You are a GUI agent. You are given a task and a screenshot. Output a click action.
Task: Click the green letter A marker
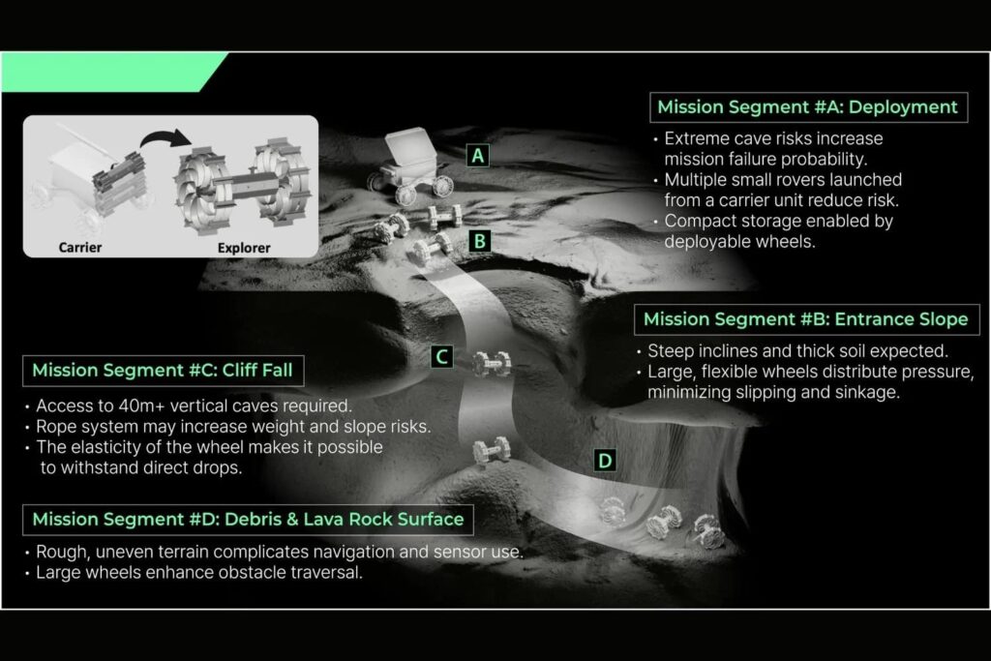478,156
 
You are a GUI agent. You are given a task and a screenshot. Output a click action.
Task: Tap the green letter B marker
480,241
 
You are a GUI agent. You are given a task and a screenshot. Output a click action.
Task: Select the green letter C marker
441,356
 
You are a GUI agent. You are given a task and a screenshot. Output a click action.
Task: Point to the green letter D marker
605,461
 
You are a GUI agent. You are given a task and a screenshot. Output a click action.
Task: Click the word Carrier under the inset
80,247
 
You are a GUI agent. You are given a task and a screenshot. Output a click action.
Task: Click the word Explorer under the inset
244,248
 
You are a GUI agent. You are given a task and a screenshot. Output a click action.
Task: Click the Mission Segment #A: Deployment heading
808,107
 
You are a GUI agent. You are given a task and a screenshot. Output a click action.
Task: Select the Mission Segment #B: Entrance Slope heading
806,319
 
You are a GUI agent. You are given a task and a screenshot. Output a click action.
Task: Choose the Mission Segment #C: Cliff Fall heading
163,371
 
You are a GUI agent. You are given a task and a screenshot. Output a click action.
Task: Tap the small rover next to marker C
492,364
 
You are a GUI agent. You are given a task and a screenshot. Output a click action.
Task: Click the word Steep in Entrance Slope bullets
671,351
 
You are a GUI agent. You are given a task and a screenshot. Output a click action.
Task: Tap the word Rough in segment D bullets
61,553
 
